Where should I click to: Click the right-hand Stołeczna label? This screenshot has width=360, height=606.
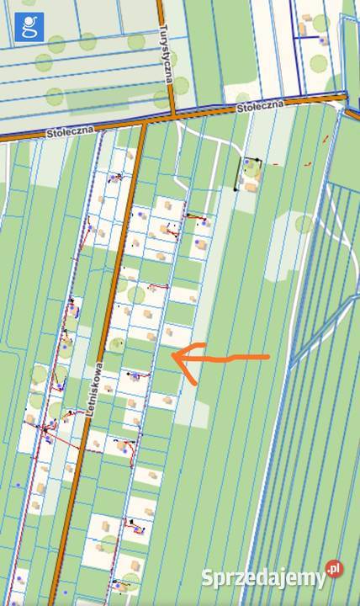tap(261, 106)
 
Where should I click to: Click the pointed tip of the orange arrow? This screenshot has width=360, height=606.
tap(173, 358)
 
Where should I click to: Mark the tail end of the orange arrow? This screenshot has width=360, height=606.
tap(269, 357)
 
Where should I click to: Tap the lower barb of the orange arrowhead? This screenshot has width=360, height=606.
tap(195, 383)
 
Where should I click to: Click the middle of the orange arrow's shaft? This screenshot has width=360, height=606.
tap(223, 359)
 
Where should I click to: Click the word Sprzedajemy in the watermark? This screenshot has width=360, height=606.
tap(263, 579)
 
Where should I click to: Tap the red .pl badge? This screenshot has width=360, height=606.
tap(335, 569)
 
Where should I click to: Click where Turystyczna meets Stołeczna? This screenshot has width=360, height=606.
tap(173, 115)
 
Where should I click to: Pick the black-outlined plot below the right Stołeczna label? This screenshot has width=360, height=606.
tap(248, 173)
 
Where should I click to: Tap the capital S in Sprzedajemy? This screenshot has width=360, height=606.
tap(208, 578)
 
